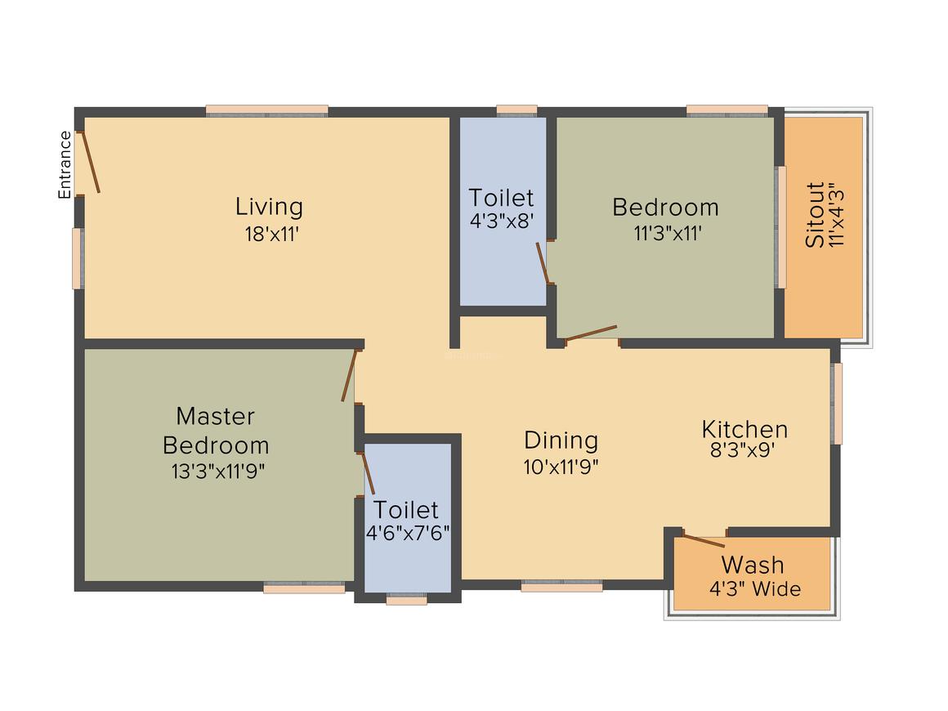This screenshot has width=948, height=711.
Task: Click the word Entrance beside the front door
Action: pos(65,165)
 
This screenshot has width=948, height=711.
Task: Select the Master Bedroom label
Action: pos(216,431)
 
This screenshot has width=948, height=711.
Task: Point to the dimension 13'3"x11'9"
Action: pos(217,472)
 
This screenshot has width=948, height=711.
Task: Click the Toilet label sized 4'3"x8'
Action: pos(501,198)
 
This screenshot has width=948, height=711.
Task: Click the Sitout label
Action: pos(815,215)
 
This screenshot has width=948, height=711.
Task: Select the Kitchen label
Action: pos(745,429)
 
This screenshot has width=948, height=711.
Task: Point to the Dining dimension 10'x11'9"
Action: pos(561,467)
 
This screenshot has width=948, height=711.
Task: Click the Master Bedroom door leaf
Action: pos(350,375)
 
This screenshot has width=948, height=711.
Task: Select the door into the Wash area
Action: pos(704,540)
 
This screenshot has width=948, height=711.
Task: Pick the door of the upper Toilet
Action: pos(543,262)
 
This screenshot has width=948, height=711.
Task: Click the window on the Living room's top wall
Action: pos(266,111)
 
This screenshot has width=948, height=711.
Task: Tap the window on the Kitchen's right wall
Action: pos(836,404)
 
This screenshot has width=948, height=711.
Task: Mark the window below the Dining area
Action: pos(561,586)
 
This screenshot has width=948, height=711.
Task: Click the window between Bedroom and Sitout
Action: pos(781,227)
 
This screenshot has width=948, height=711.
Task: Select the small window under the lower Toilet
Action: pos(406,600)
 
